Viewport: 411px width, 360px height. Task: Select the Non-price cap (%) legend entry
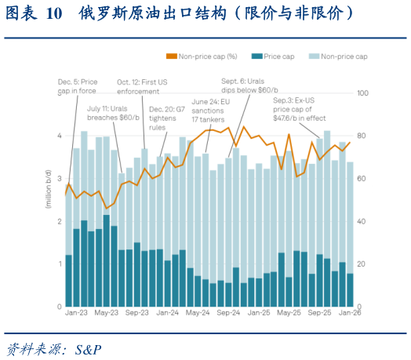pos(207,56)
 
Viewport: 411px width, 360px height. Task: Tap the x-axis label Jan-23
pos(75,312)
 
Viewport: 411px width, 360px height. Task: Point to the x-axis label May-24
pos(196,312)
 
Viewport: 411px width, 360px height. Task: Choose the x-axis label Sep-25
pos(318,312)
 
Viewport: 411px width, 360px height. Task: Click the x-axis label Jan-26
pos(348,312)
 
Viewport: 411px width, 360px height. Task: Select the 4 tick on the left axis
pos(60,136)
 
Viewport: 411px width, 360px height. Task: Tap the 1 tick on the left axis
pos(60,264)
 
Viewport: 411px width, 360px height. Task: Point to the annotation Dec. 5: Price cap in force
pos(78,86)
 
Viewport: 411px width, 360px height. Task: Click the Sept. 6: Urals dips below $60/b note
pos(246,86)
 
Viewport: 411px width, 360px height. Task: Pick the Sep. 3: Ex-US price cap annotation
pos(299,110)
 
